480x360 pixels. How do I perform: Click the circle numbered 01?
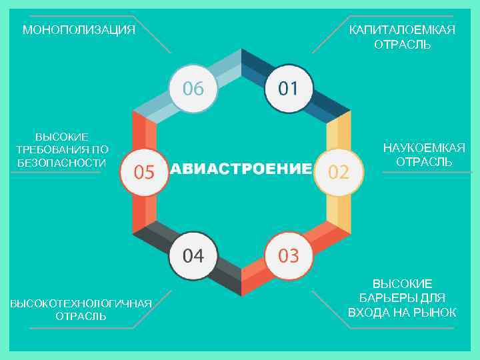[289, 89]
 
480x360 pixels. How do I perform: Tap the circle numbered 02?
[339, 172]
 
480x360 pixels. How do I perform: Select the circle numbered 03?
[289, 255]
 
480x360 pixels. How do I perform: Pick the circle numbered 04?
[193, 255]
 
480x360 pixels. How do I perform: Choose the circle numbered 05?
[145, 172]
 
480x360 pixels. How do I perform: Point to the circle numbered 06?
[193, 89]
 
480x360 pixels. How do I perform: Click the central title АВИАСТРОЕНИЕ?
[241, 169]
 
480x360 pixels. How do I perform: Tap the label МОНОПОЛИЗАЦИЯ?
[79, 30]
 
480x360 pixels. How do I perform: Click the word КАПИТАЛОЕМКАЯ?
[402, 30]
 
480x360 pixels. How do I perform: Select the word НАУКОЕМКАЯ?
[424, 148]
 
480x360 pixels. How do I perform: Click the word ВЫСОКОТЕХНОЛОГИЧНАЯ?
[80, 304]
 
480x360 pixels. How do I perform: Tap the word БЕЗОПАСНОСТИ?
[61, 163]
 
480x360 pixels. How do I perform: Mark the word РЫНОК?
[435, 313]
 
